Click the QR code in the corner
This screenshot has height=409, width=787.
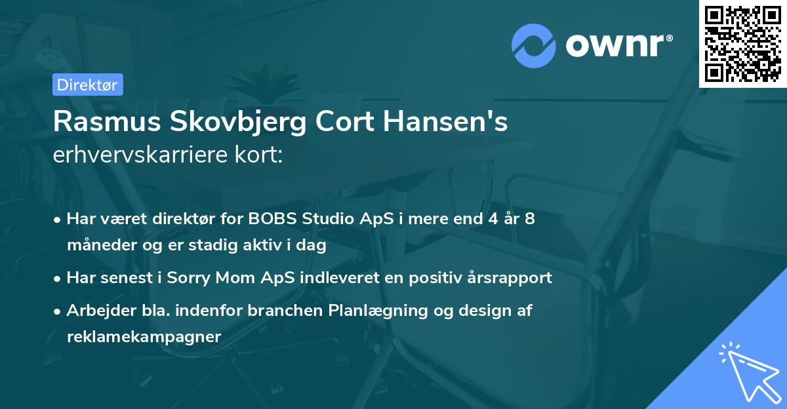(x=743, y=43)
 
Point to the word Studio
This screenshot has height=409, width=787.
(x=327, y=219)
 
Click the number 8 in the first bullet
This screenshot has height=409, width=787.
(x=529, y=219)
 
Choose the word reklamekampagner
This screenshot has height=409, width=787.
(x=144, y=336)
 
